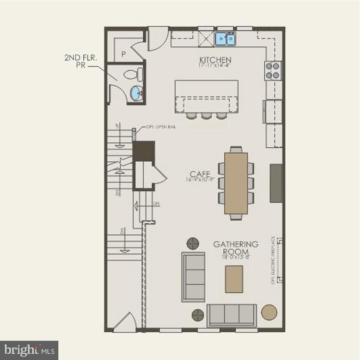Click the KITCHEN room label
pyautogui.click(x=215, y=59)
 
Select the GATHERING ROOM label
pyautogui.click(x=236, y=248)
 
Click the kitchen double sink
pyautogui.click(x=225, y=38)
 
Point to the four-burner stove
pyautogui.click(x=273, y=71)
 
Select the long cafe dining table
pyautogui.click(x=236, y=183)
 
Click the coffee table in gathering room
pyautogui.click(x=234, y=279)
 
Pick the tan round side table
pyautogui.click(x=269, y=312)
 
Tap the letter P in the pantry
pyautogui.click(x=123, y=54)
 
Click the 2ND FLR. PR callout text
pyautogui.click(x=76, y=62)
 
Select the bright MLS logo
pyautogui.click(x=29, y=350)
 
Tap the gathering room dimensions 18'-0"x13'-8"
pyautogui.click(x=235, y=257)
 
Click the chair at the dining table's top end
pyautogui.click(x=236, y=149)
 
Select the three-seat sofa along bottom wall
pyautogui.click(x=232, y=315)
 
